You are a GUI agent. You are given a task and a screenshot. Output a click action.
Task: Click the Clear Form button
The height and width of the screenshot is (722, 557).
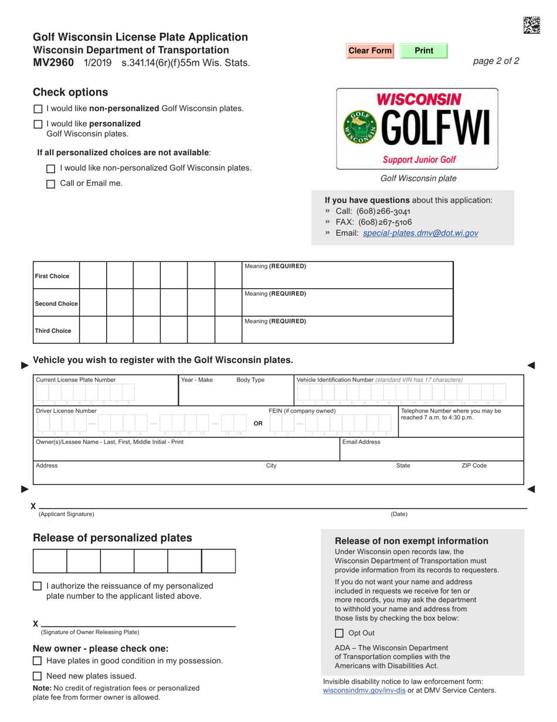pyautogui.click(x=370, y=51)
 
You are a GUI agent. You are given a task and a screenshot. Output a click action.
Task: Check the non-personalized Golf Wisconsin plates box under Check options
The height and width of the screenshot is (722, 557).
pyautogui.click(x=38, y=109)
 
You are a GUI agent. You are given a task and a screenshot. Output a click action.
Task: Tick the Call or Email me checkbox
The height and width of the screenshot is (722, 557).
pyautogui.click(x=50, y=184)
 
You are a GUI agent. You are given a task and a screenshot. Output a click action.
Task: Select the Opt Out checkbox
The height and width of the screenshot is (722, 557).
pyautogui.click(x=339, y=633)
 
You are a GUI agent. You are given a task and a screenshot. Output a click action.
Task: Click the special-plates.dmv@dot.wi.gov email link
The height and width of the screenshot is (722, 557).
pyautogui.click(x=420, y=233)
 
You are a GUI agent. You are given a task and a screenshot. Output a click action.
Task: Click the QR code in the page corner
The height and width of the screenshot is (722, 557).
pyautogui.click(x=531, y=25)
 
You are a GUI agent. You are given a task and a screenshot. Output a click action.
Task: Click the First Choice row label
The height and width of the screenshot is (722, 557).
pyautogui.click(x=52, y=276)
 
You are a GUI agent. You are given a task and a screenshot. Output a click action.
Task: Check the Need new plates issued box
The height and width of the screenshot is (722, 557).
pyautogui.click(x=38, y=676)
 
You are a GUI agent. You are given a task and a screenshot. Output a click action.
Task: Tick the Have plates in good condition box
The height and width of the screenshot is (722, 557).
pyautogui.click(x=38, y=661)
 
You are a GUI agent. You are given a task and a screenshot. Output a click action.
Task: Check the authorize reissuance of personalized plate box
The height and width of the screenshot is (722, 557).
pyautogui.click(x=38, y=586)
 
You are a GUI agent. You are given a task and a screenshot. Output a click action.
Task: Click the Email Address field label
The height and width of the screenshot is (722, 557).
pyautogui.click(x=361, y=442)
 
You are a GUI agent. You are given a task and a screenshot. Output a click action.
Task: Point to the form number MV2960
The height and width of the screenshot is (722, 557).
pyautogui.click(x=53, y=63)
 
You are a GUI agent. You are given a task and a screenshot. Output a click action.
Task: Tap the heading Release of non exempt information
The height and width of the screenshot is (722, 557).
pyautogui.click(x=411, y=541)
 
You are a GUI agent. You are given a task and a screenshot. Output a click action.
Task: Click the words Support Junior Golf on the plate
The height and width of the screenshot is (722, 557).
pyautogui.click(x=419, y=159)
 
